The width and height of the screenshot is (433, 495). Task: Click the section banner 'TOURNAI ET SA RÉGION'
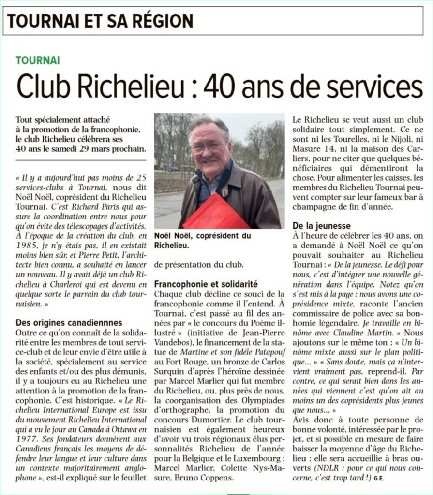tap(100, 21)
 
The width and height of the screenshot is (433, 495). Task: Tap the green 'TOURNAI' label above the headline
tap(38, 60)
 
